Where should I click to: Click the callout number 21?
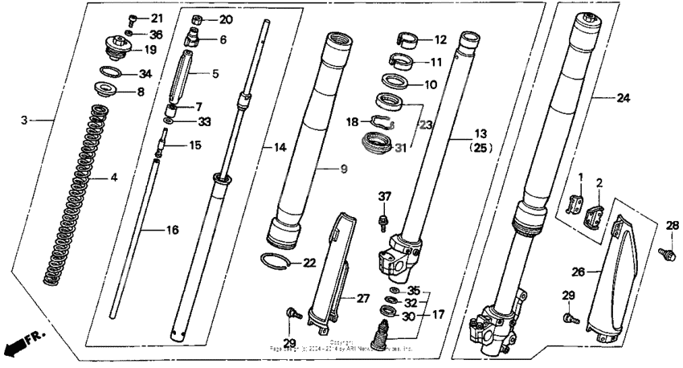point(156,18)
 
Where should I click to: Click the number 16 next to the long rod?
point(172,230)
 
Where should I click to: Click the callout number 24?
point(623,99)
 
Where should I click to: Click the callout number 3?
point(25,120)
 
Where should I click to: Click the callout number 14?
point(280,148)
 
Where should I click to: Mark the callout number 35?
point(413,289)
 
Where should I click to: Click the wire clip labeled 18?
point(381,122)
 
